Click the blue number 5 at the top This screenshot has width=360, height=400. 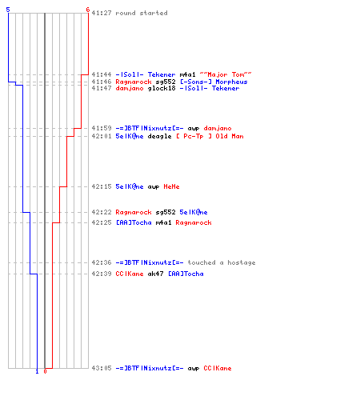(8, 10)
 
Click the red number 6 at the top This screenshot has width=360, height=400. (88, 10)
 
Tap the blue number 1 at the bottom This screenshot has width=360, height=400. (37, 371)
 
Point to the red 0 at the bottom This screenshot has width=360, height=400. (45, 371)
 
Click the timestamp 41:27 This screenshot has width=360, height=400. (102, 13)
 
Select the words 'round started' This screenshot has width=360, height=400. (142, 13)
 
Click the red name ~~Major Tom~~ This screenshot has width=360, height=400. (226, 74)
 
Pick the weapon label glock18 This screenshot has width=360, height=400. (162, 88)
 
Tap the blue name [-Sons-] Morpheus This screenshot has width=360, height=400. (214, 82)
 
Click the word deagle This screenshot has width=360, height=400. (159, 136)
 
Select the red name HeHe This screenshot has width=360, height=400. (171, 186)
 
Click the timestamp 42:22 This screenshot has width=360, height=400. (102, 212)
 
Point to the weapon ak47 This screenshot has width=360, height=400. (155, 274)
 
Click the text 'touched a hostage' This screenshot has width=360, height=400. (222, 262)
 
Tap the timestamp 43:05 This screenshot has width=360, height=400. (102, 368)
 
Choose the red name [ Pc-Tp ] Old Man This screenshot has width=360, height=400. (210, 136)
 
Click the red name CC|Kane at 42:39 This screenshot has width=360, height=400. (130, 274)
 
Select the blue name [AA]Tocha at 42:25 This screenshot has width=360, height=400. (134, 222)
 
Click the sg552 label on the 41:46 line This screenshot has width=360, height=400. (166, 82)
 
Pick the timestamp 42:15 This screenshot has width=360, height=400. (102, 186)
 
